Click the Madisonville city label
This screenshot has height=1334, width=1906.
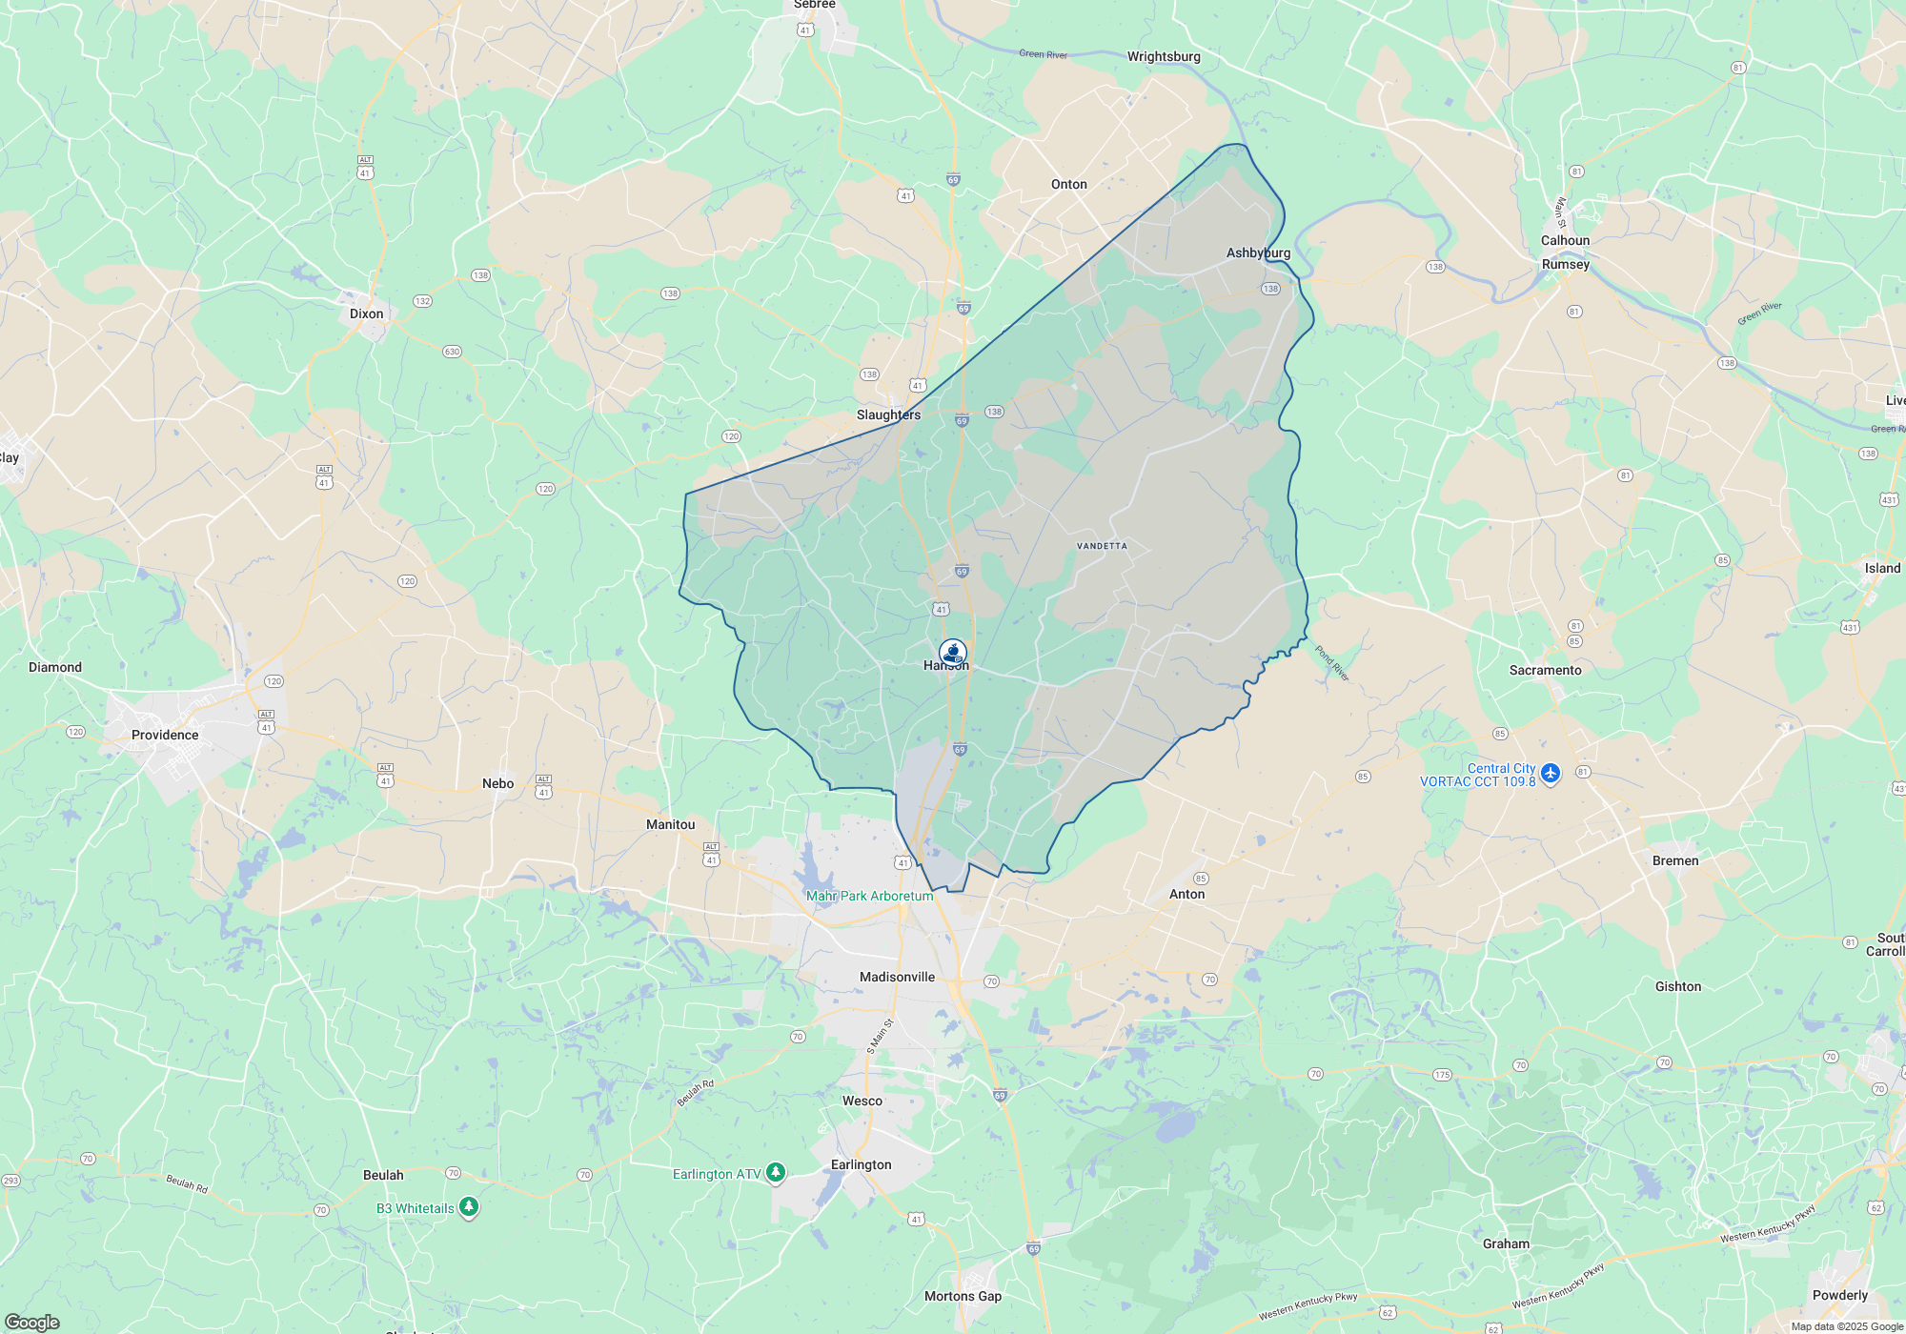point(897,977)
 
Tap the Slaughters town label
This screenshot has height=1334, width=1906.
point(888,414)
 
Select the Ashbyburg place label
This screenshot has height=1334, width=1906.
point(1258,253)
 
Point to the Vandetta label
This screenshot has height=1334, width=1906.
point(1102,546)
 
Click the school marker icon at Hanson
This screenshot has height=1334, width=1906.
point(953,653)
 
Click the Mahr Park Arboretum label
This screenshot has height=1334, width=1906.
point(869,896)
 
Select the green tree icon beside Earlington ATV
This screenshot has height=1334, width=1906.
point(776,1172)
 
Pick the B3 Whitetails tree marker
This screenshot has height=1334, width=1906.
point(468,1207)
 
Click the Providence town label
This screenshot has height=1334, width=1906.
point(165,735)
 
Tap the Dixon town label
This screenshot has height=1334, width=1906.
point(366,313)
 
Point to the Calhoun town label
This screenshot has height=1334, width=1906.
point(1565,240)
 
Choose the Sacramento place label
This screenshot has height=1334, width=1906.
point(1545,670)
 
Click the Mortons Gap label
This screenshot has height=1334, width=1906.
point(963,1296)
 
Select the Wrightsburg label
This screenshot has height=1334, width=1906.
point(1164,56)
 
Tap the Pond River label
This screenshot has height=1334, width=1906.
point(1332,663)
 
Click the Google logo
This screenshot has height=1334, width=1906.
point(32,1322)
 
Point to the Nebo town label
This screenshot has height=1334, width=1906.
point(497,783)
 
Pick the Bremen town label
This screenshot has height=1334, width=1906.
point(1674,860)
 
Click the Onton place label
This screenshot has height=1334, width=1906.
point(1068,184)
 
